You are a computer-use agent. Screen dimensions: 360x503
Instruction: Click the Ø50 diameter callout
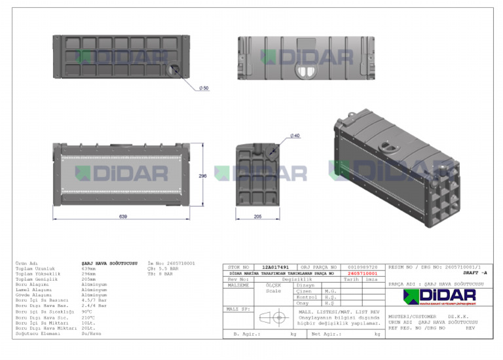(x=204, y=87)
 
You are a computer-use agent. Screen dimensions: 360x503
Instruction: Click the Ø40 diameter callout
(x=295, y=135)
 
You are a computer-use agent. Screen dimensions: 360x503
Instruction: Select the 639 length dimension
(x=122, y=215)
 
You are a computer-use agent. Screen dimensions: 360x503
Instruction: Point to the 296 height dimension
(x=202, y=175)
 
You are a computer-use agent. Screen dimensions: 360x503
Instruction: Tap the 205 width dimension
(x=258, y=215)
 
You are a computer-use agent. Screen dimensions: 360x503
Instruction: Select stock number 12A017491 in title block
(x=274, y=267)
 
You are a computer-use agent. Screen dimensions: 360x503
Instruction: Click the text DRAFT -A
(x=474, y=272)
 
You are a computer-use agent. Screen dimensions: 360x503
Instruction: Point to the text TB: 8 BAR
(x=160, y=274)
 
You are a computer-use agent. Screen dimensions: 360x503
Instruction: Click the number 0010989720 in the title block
(x=362, y=267)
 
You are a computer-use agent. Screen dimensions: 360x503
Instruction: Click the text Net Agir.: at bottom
(x=325, y=334)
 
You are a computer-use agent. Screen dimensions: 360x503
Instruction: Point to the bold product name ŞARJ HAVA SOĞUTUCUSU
(x=109, y=262)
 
